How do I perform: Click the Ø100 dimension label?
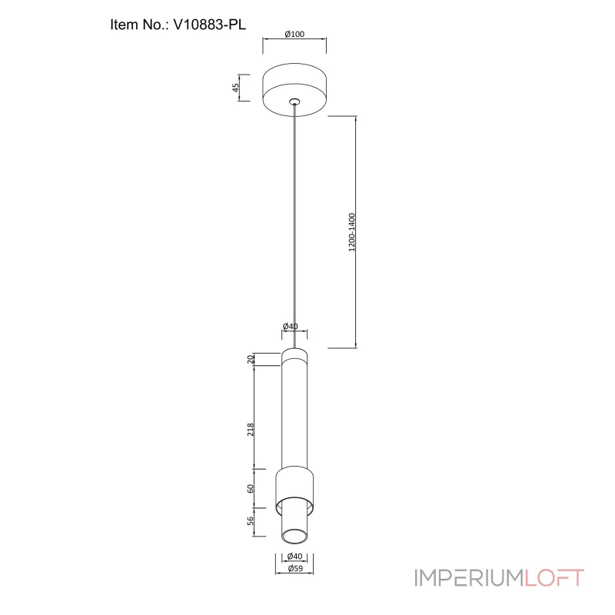(294, 34)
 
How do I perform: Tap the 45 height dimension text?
(235, 88)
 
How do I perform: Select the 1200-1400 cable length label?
(352, 232)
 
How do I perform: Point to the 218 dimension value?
(251, 430)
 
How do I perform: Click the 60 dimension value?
(251, 489)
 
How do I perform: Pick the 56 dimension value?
(251, 520)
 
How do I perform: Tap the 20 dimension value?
(251, 359)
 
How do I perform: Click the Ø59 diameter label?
(295, 568)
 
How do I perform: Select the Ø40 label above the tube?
(291, 326)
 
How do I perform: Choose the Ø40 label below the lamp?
(294, 556)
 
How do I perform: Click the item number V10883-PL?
(209, 25)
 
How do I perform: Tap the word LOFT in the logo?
(554, 578)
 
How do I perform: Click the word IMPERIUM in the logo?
(470, 578)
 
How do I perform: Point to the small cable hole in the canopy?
(294, 102)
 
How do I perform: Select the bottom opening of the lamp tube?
(294, 537)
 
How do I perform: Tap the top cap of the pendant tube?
(294, 355)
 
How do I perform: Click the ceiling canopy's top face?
(294, 74)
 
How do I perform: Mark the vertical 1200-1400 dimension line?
(356, 232)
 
